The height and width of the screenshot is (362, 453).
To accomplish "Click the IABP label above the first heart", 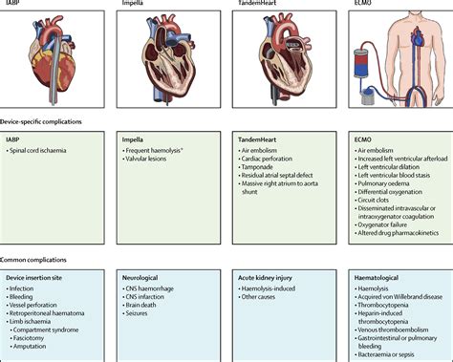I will tap(15, 4).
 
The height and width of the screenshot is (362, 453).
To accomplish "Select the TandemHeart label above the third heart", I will tap(260, 4).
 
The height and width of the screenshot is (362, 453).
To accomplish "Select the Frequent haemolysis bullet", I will tap(160, 152).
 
